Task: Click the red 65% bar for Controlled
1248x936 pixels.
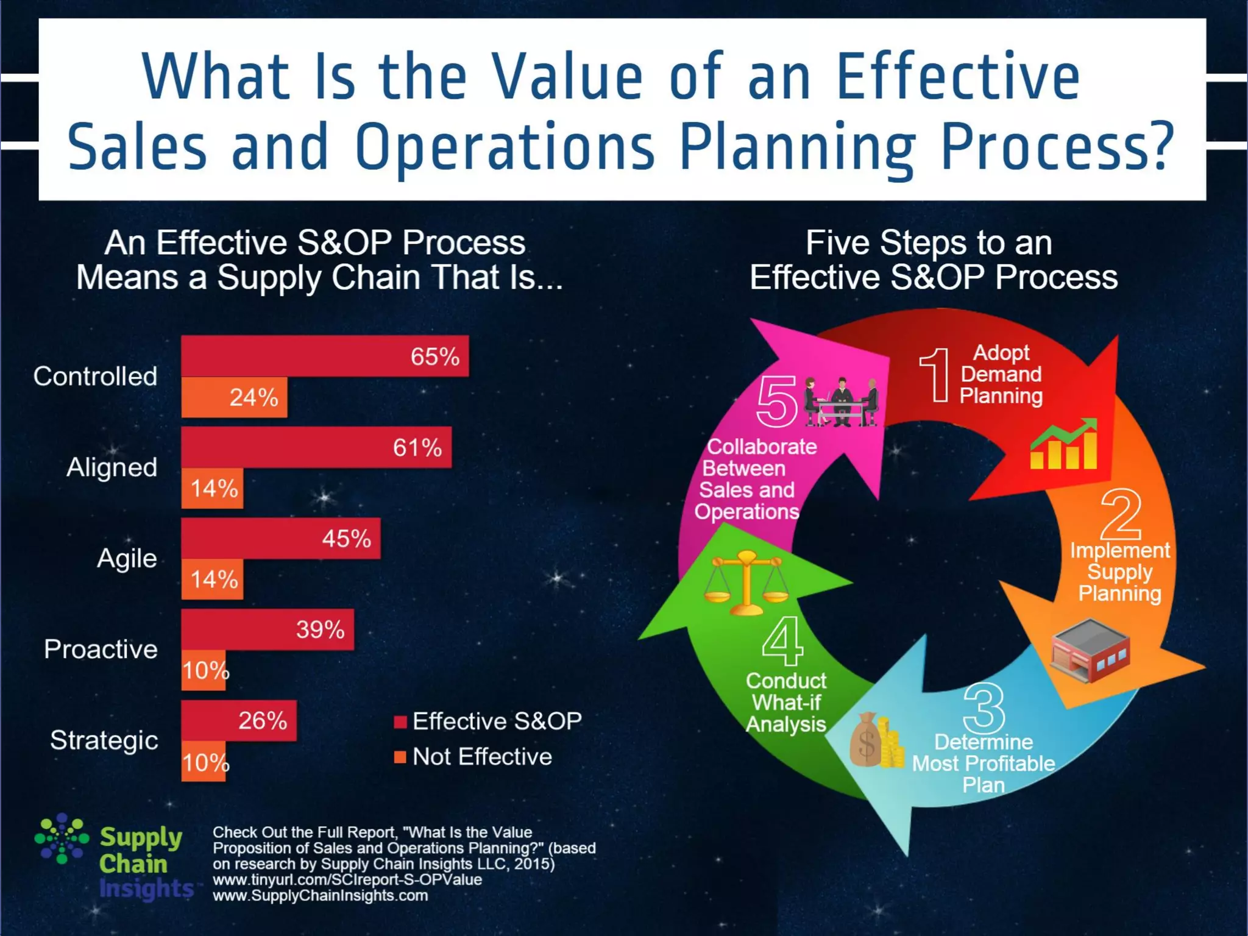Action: [324, 356]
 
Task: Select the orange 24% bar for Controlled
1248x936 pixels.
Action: [234, 398]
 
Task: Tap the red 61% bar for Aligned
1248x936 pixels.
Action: [316, 447]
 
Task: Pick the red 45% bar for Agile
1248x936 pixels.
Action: [280, 539]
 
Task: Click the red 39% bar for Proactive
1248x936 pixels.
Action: [267, 629]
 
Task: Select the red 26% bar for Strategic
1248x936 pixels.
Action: [239, 721]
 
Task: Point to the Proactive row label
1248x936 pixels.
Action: [101, 650]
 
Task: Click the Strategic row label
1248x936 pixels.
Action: [104, 740]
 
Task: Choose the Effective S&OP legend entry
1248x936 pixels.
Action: [488, 721]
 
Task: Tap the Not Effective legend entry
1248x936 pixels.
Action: [473, 757]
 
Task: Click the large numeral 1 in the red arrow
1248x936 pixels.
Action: [935, 375]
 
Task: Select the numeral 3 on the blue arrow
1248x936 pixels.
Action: [984, 708]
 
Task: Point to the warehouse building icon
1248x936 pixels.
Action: [1090, 650]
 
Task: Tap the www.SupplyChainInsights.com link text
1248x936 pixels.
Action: [320, 896]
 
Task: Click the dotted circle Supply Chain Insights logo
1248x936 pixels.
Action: [62, 838]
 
